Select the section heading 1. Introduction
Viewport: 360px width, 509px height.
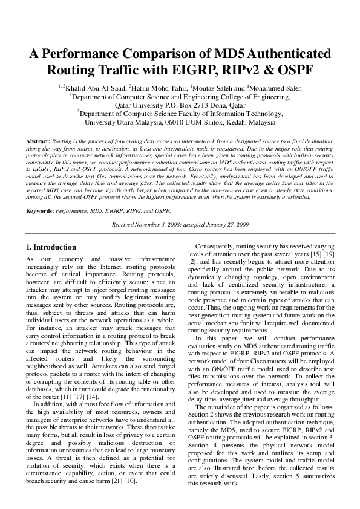click(x=51, y=247)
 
